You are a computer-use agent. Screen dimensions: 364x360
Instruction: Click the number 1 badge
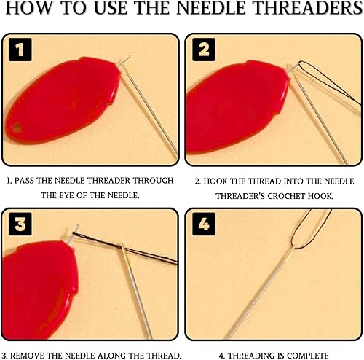(20, 50)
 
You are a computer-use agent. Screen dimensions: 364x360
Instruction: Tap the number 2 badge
(204, 50)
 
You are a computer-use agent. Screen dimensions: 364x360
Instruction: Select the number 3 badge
(20, 224)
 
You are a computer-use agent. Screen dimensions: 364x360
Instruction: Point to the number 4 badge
(204, 224)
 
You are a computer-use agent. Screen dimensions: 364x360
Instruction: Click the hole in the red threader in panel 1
(17, 128)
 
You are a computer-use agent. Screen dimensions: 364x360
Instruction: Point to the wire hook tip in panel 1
(129, 57)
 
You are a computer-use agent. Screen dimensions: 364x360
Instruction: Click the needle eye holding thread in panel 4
(293, 248)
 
